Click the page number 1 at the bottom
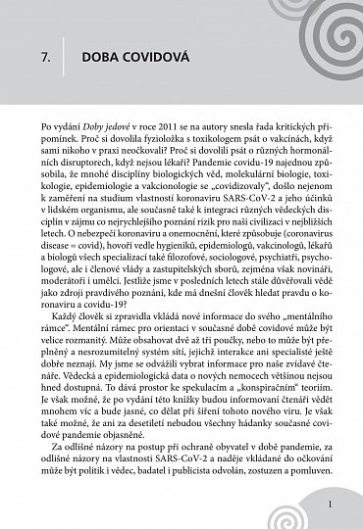click(335, 505)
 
